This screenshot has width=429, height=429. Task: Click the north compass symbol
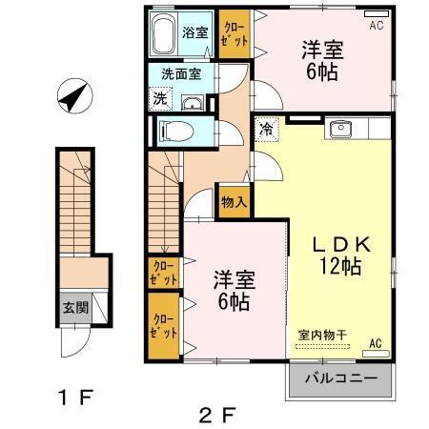(x=72, y=96)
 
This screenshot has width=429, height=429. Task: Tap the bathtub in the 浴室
(x=165, y=35)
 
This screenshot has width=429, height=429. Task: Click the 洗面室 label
(x=179, y=72)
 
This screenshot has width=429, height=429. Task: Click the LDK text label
(x=337, y=243)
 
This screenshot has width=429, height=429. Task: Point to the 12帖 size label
(x=338, y=267)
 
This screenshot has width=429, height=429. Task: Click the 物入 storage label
(x=234, y=202)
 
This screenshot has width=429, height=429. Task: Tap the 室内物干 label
(x=322, y=333)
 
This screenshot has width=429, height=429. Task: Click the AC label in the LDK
(x=376, y=343)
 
